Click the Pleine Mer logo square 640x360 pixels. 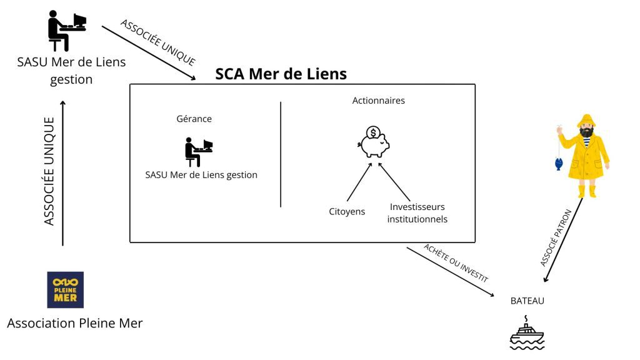[x=65, y=290]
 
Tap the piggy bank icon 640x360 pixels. [x=374, y=142]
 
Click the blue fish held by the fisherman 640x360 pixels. [x=559, y=164]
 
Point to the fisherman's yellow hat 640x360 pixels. [x=587, y=121]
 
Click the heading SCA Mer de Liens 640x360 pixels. [x=281, y=74]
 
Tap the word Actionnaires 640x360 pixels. [x=378, y=101]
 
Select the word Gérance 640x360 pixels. [x=194, y=119]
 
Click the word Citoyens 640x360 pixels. [x=347, y=211]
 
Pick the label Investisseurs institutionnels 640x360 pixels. [x=417, y=213]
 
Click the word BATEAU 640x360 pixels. [x=527, y=301]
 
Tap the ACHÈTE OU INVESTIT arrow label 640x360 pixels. [x=456, y=263]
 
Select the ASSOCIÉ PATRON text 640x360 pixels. [x=556, y=237]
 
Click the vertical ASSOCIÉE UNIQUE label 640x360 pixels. [x=49, y=171]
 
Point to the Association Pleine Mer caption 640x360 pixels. [x=75, y=323]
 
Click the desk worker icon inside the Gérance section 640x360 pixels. [x=199, y=152]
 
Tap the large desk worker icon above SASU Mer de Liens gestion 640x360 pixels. [x=67, y=31]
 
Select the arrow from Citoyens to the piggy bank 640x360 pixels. [x=359, y=182]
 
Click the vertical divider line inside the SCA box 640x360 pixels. [x=281, y=154]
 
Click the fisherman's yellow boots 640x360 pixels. [x=586, y=191]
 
